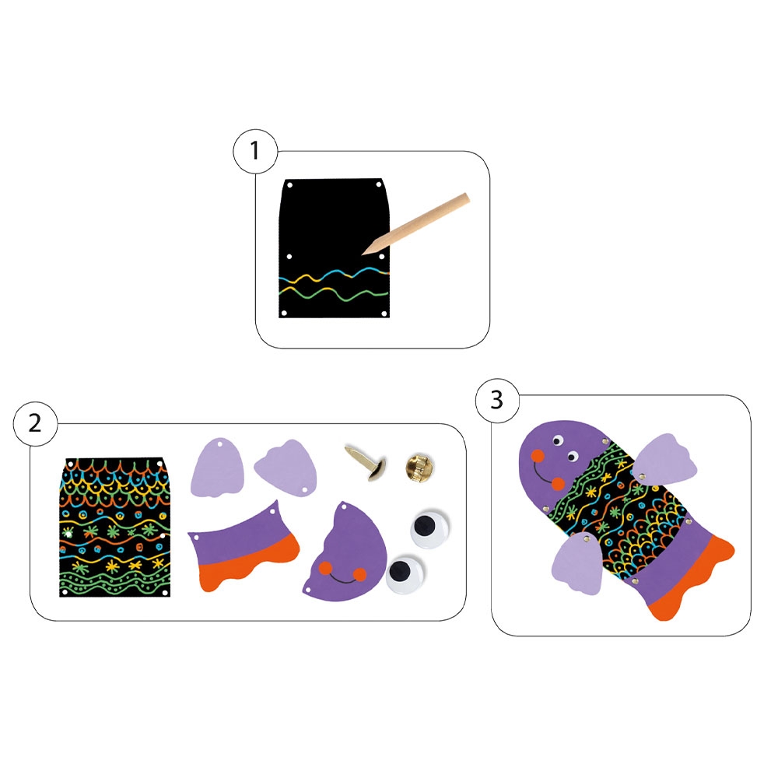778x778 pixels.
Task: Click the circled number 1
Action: click(255, 151)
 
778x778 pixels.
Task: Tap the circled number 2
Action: click(35, 424)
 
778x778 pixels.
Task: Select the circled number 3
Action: click(497, 400)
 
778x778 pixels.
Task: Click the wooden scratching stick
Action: click(415, 224)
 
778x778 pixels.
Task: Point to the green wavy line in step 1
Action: click(334, 294)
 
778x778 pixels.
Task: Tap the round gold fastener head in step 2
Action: click(419, 466)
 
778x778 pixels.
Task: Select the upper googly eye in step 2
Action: click(429, 528)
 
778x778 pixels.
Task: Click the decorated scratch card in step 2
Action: click(114, 527)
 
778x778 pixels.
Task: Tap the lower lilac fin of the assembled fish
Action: click(577, 565)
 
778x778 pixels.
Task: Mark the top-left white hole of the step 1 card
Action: click(290, 186)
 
